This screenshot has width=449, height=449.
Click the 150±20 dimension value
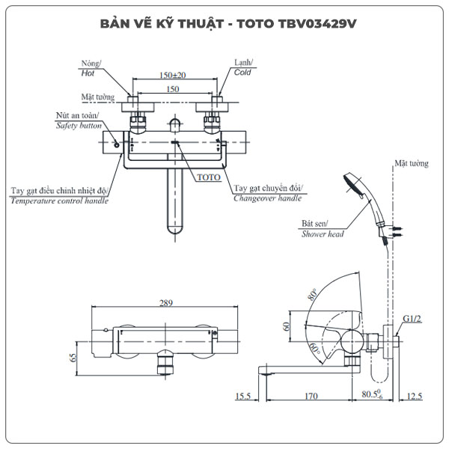pyautogui.click(x=173, y=75)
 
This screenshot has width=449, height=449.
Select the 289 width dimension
pyautogui.click(x=166, y=303)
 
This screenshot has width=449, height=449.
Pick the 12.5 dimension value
pyautogui.click(x=415, y=397)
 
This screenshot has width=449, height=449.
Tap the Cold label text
pyautogui.click(x=242, y=73)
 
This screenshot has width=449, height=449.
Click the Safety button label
pyautogui.click(x=79, y=126)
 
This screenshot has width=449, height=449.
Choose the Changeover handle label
pyautogui.click(x=267, y=198)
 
